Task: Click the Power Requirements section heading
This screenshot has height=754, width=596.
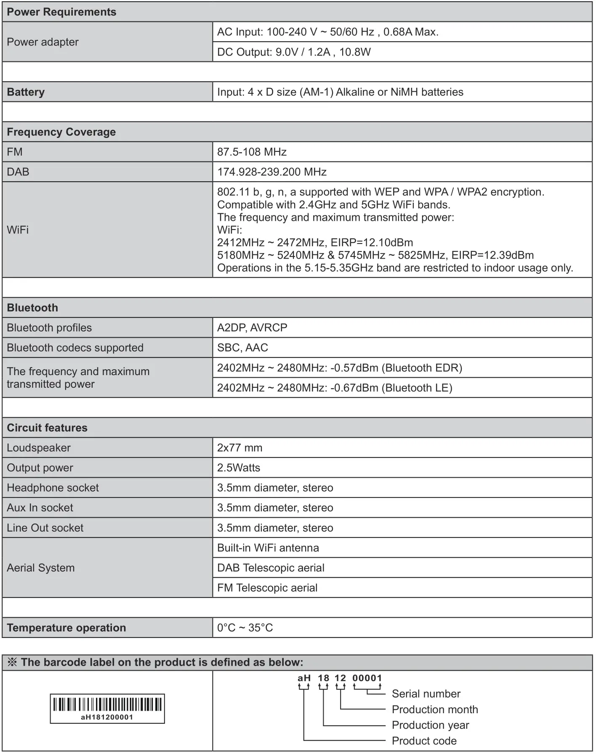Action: coord(61,12)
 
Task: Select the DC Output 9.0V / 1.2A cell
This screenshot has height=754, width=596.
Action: coord(294,52)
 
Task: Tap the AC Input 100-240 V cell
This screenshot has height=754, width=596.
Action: coord(327,32)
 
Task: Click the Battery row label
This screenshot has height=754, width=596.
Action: coord(26,92)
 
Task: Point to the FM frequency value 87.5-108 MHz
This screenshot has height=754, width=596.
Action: coord(252,152)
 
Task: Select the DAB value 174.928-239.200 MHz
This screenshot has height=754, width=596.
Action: coord(271,172)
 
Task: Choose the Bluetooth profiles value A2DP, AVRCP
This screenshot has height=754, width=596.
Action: coord(252,328)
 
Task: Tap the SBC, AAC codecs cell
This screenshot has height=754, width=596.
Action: coord(242,348)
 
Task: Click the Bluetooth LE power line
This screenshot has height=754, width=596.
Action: coord(335,388)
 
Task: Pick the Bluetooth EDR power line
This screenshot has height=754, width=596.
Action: coord(339,368)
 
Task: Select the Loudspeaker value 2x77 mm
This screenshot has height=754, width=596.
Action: coord(239,448)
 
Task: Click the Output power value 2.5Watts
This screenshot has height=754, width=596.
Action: coord(239,468)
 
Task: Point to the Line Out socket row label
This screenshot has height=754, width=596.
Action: coord(45,528)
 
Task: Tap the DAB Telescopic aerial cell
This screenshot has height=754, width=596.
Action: coord(271,568)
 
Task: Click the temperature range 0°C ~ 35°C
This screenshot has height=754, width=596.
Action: coord(245,628)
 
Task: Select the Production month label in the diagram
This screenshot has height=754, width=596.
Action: coord(434,709)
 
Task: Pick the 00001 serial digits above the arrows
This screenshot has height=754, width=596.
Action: coord(367,678)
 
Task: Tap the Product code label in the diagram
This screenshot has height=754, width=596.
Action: coord(424,741)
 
